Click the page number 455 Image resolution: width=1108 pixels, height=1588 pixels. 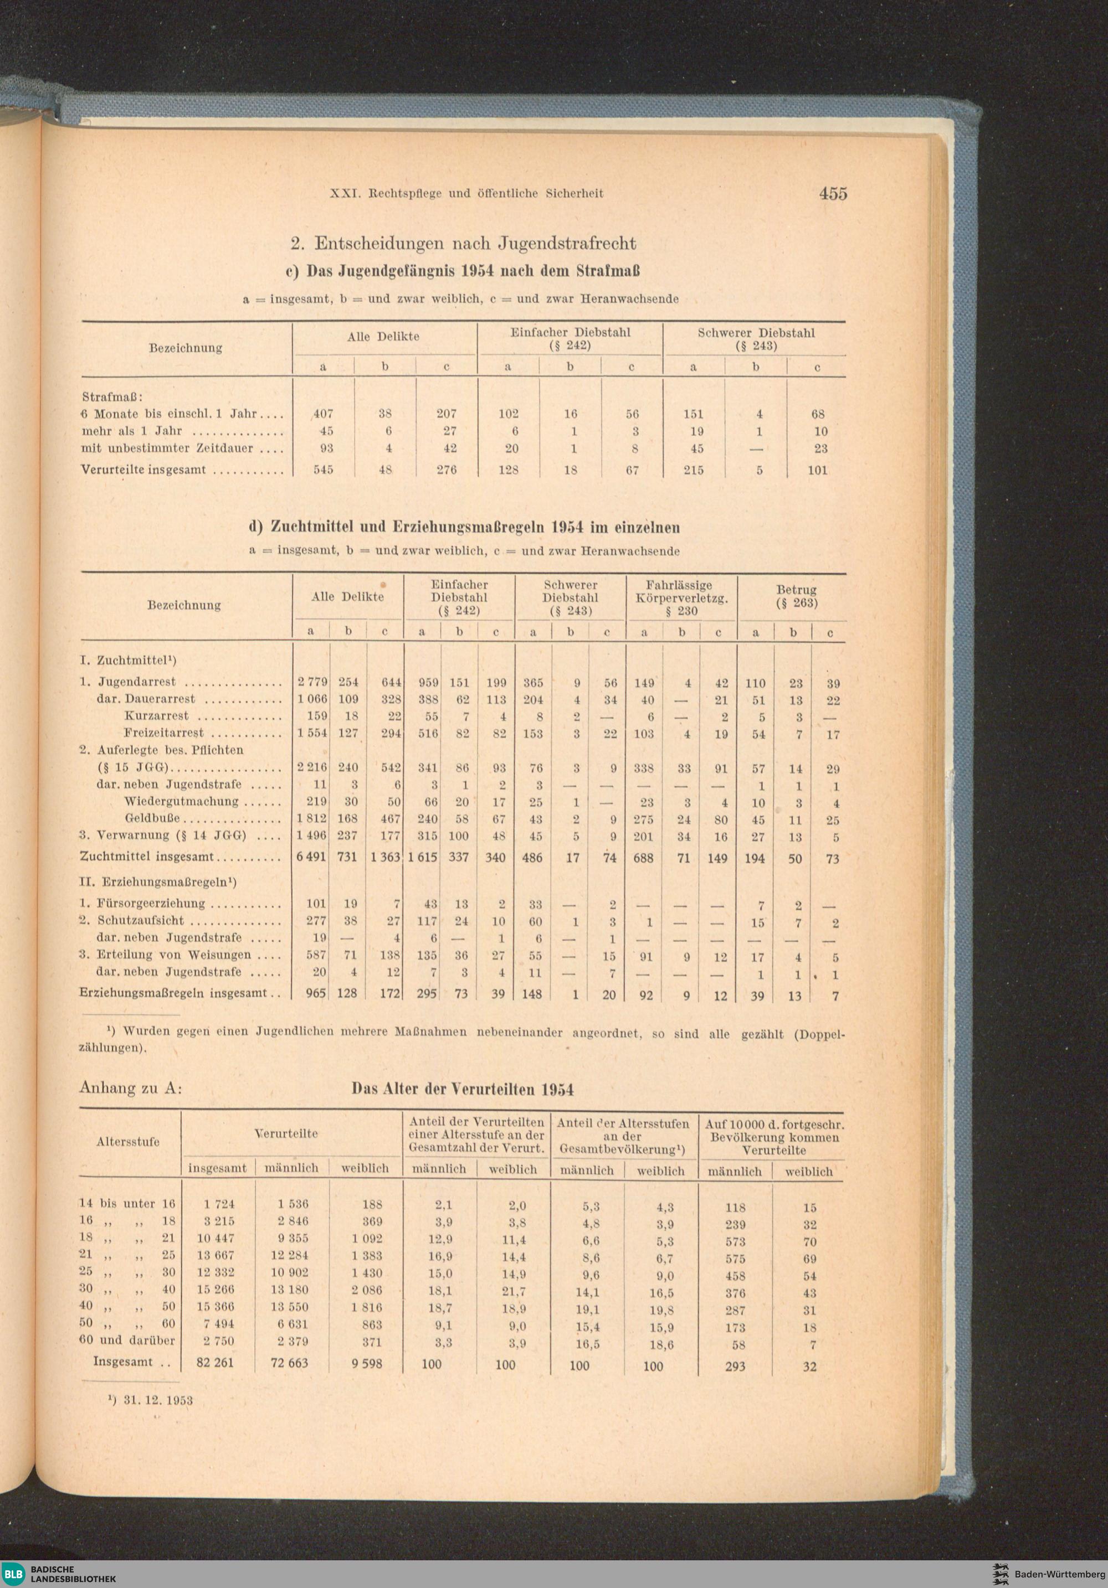[x=833, y=194]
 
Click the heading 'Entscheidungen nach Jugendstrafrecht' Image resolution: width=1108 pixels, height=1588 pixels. [x=475, y=244]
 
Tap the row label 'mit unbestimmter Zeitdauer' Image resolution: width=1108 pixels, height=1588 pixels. [x=167, y=448]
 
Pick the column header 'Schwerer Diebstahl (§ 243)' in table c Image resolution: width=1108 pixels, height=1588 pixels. [x=755, y=339]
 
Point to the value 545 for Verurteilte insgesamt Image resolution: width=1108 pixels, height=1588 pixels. [x=323, y=470]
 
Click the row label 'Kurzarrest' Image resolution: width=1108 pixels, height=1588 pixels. [x=156, y=716]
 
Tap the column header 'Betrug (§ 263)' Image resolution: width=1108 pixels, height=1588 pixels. [x=796, y=596]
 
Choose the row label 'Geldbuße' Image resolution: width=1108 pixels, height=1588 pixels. [x=152, y=819]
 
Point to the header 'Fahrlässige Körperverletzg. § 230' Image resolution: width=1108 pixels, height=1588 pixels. [x=681, y=597]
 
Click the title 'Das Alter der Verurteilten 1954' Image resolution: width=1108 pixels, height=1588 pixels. [x=462, y=1089]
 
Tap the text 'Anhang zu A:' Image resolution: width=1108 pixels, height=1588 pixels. [x=131, y=1088]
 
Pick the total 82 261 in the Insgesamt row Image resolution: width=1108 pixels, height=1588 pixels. [x=216, y=1363]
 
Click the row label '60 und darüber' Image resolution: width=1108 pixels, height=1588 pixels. [x=127, y=1340]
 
